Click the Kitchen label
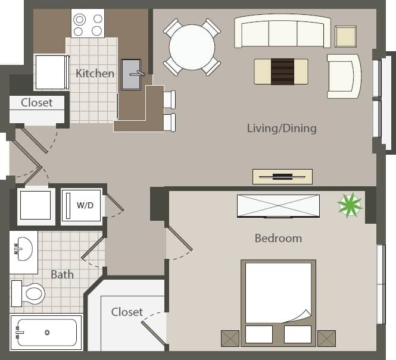[x=95, y=74]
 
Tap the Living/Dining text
[x=282, y=128]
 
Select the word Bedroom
[x=278, y=238]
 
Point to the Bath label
[x=62, y=274]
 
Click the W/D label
[x=85, y=206]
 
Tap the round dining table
[x=192, y=47]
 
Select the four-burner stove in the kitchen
[x=88, y=24]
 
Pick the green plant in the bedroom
[x=350, y=205]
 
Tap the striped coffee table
[x=282, y=71]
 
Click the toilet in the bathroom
[x=29, y=293]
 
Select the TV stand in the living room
[x=282, y=176]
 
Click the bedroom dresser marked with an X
[x=278, y=206]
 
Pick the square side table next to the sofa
[x=345, y=37]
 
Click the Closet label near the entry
[x=36, y=102]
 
